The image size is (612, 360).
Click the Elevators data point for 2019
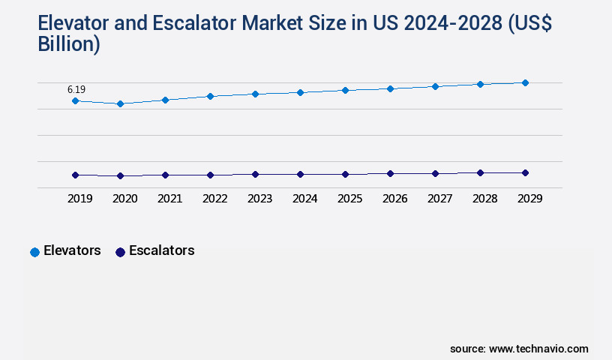point(75,100)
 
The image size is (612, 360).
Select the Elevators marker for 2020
point(120,103)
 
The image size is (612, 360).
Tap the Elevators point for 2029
point(525,82)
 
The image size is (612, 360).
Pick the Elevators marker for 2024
point(300,92)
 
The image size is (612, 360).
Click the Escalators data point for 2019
point(75,175)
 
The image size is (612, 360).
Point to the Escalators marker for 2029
point(525,172)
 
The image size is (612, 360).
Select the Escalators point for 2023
point(255,174)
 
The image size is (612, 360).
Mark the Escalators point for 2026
point(390,173)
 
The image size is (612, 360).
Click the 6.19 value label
point(76,89)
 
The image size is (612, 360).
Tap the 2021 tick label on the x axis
point(169,199)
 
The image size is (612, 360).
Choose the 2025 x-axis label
point(349,199)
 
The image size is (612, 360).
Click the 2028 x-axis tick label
point(484,199)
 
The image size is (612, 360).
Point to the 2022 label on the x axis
point(214,199)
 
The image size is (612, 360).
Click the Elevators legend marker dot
point(34,252)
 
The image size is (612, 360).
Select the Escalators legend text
point(161,251)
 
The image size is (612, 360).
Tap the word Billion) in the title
point(68,44)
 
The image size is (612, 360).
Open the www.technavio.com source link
point(538,349)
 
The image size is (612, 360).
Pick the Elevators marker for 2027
point(435,86)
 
